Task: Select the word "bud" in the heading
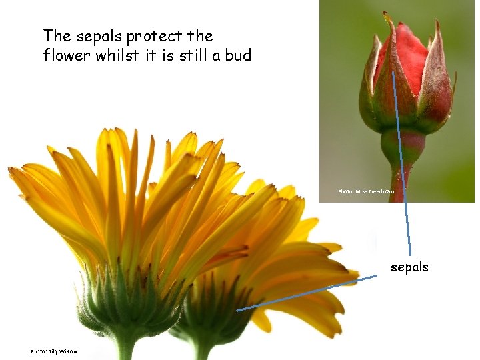click(x=238, y=55)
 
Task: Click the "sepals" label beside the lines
click(x=409, y=267)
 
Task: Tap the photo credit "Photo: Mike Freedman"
click(x=365, y=192)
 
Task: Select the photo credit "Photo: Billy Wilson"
click(x=53, y=351)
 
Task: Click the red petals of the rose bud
click(x=408, y=50)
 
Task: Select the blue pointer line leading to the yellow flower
click(x=307, y=293)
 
